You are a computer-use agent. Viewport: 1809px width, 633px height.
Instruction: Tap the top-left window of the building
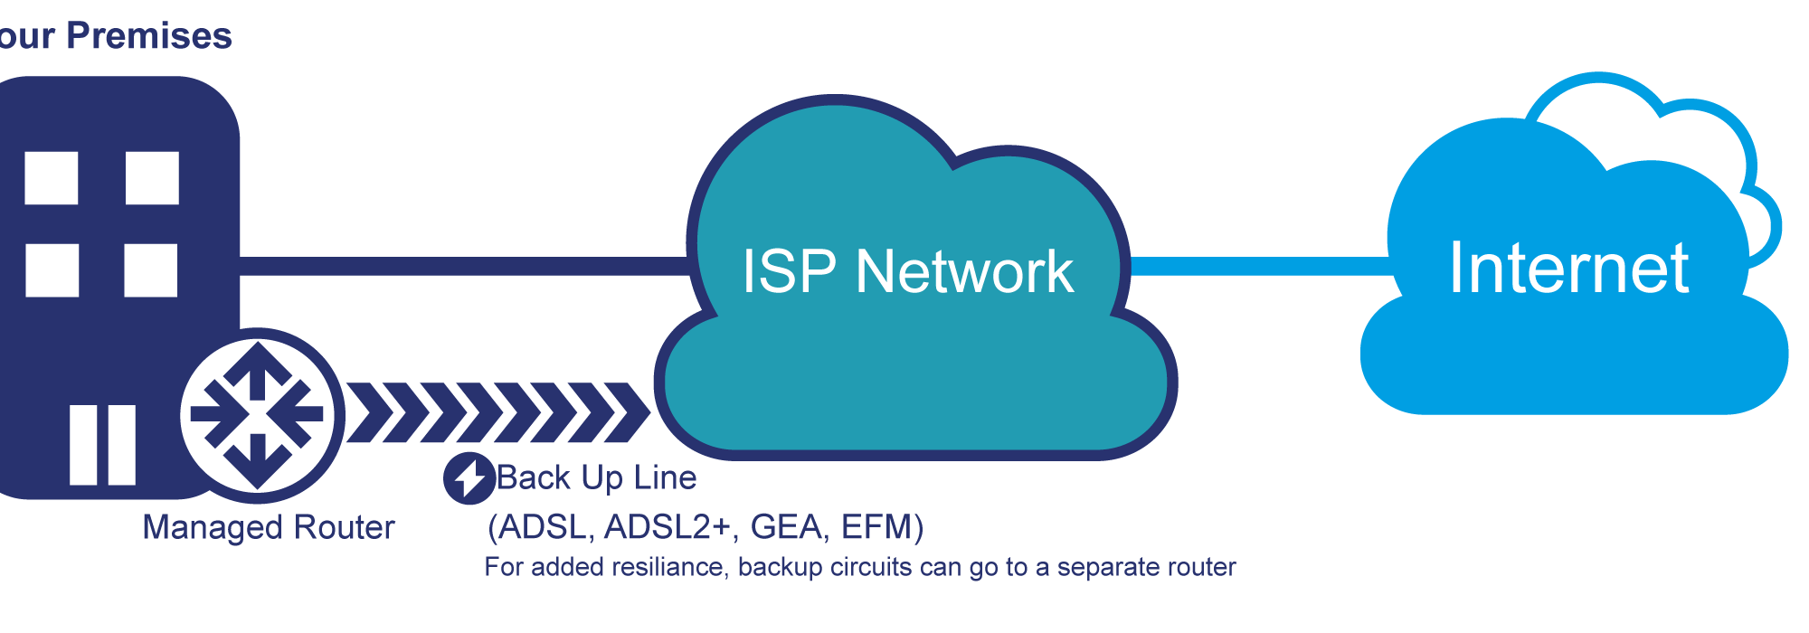point(51,178)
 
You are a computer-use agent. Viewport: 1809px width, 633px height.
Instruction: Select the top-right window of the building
point(152,178)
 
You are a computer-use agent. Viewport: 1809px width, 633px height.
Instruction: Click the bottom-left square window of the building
point(52,269)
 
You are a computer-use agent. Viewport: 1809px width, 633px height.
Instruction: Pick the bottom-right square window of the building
point(151,269)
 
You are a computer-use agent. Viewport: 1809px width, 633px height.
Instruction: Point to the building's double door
point(103,445)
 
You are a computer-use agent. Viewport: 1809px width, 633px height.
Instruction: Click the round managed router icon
point(259,416)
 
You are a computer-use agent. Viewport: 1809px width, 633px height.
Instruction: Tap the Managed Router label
point(269,527)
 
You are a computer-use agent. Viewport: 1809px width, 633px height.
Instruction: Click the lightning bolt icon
point(469,477)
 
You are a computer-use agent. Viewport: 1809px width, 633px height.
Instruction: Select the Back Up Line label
point(597,477)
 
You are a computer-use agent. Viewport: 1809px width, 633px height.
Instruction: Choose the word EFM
point(876,526)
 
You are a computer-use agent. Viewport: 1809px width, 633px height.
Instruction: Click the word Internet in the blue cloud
point(1569,268)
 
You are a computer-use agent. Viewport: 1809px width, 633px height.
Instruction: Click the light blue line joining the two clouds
point(1261,266)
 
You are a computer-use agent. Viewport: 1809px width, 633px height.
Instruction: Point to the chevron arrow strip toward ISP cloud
point(498,412)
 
